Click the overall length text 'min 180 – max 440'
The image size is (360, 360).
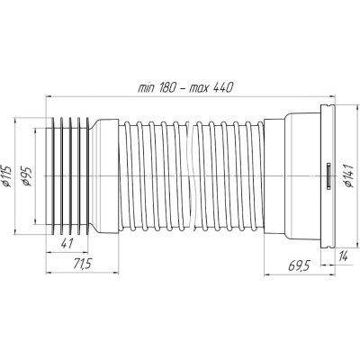[185, 87]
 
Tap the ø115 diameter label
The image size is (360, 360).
[6, 175]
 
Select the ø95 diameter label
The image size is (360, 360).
[26, 176]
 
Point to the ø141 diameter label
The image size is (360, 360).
[349, 175]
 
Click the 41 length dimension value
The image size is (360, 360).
[67, 244]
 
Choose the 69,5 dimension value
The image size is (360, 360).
[299, 265]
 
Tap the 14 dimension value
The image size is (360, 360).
[343, 256]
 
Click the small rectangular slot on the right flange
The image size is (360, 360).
[328, 175]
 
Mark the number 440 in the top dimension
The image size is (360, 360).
[223, 87]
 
